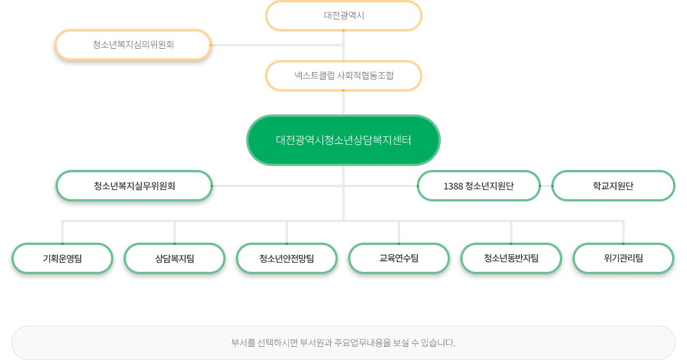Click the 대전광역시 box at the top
pyautogui.click(x=343, y=15)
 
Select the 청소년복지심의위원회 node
pyautogui.click(x=133, y=45)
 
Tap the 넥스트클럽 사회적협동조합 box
pyautogui.click(x=343, y=76)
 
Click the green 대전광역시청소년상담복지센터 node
pyautogui.click(x=343, y=140)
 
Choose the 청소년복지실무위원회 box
pyautogui.click(x=135, y=186)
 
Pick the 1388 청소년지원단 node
pyautogui.click(x=479, y=186)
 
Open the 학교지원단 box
pyautogui.click(x=613, y=186)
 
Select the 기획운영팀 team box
pyautogui.click(x=62, y=259)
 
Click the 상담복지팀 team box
pyautogui.click(x=175, y=259)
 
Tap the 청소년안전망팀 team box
pyautogui.click(x=287, y=259)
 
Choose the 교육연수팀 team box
pyautogui.click(x=399, y=259)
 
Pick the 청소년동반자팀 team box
pyautogui.click(x=511, y=259)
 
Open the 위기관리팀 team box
pyautogui.click(x=623, y=259)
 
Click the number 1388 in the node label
pyautogui.click(x=453, y=186)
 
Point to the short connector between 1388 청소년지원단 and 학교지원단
pyautogui.click(x=546, y=186)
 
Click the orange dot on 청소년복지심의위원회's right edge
pyautogui.click(x=211, y=45)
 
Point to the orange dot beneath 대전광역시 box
pyautogui.click(x=343, y=30)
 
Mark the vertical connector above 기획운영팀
pyautogui.click(x=62, y=232)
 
